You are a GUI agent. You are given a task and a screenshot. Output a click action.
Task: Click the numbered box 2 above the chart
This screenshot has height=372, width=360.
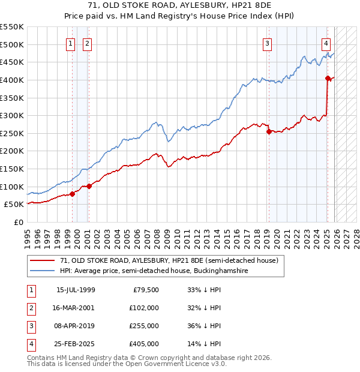pos(87,43)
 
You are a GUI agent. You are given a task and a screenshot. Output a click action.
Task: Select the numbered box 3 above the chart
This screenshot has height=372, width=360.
pos(267,43)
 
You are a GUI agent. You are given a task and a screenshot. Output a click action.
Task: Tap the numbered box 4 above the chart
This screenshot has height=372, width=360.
pos(326,43)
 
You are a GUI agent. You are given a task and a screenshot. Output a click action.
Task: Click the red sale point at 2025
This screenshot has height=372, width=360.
pos(328,78)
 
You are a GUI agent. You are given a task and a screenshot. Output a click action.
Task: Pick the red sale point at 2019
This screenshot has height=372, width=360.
pos(269,131)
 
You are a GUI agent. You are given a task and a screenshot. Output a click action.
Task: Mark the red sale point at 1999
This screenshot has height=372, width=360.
pos(72,193)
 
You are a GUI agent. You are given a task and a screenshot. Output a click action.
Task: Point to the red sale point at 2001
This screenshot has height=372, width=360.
pos(89,186)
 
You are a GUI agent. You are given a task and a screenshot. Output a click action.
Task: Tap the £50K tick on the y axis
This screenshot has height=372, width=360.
pos(14,204)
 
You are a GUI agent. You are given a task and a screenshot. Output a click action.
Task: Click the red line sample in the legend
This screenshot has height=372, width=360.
pos(42,261)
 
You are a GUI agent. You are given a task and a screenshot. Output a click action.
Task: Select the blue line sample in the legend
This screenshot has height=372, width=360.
pos(42,271)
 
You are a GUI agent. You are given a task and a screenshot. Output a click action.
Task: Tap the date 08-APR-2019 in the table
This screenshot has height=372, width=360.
pos(76,326)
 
